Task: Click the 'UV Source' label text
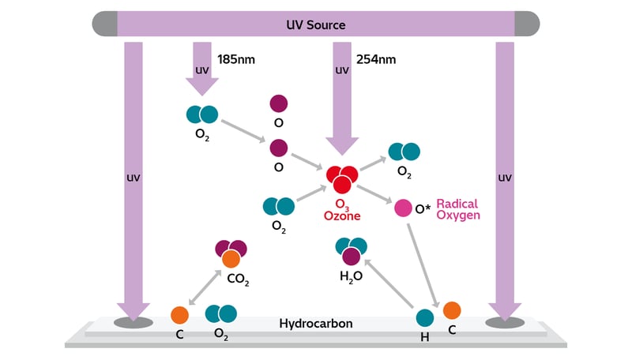point(316,24)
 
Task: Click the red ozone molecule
point(340,178)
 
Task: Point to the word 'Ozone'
point(341,216)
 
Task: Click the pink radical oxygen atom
point(403,208)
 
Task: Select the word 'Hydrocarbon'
point(316,324)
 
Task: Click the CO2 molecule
point(231,253)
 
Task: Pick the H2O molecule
point(351,250)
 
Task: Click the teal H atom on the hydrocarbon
point(425,318)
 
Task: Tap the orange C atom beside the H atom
point(451,309)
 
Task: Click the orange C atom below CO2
point(180,315)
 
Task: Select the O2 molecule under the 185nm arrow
point(201,114)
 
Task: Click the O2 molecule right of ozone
point(404,152)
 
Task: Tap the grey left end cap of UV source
point(105,24)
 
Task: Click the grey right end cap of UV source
point(527,24)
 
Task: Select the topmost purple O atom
point(279,103)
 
